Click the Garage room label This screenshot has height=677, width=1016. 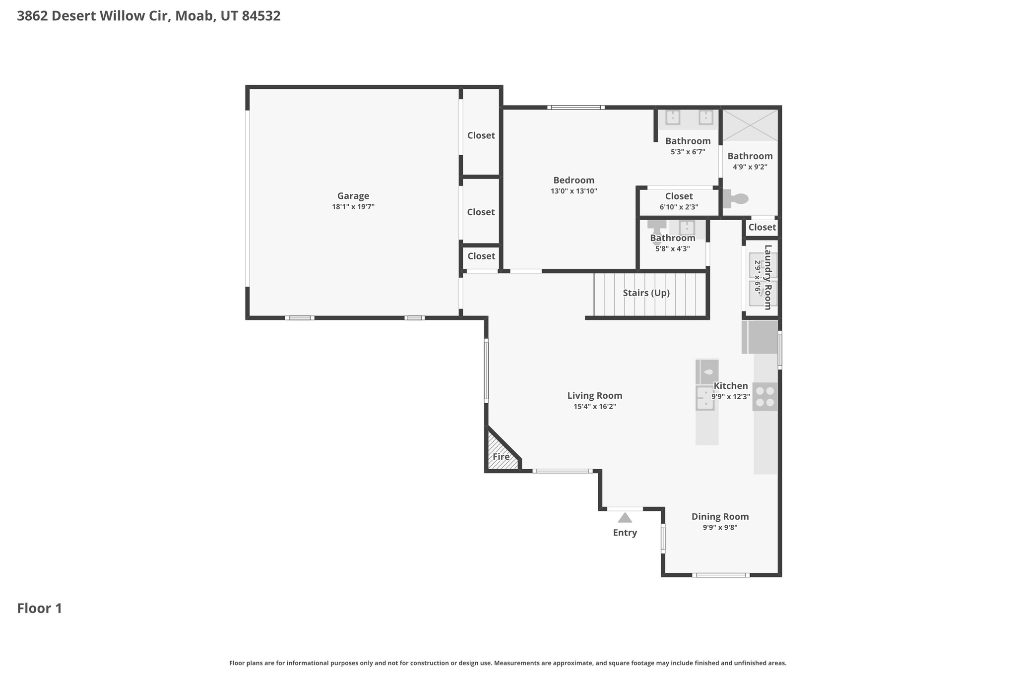coord(353,196)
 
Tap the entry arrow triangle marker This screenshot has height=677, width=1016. coord(625,518)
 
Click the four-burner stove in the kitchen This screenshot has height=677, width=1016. coord(765,397)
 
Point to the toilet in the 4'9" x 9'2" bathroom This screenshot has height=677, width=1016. coord(736,199)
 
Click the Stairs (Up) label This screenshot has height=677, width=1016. coord(646,293)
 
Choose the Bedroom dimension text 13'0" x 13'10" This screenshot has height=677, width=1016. coord(573,191)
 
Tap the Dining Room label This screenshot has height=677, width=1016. coord(720,517)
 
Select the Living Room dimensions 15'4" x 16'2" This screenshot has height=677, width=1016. coord(594,407)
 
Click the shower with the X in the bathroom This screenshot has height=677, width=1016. coord(750,125)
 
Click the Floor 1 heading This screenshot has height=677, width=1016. coord(40,609)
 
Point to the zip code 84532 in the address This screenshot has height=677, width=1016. coord(261,16)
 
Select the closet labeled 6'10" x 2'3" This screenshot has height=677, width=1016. coord(679,201)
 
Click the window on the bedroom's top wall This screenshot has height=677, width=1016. coord(575,107)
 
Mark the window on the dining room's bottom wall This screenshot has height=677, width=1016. coord(720,575)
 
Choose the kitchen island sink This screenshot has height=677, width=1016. coord(705,398)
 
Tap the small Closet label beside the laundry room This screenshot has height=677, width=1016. coord(762,228)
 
